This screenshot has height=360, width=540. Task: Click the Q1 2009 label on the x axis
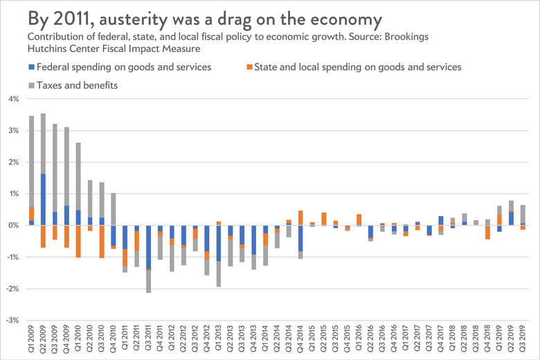coord(31,340)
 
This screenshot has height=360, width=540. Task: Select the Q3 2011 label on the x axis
coord(149,340)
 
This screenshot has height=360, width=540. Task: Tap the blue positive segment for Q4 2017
coord(441,221)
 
